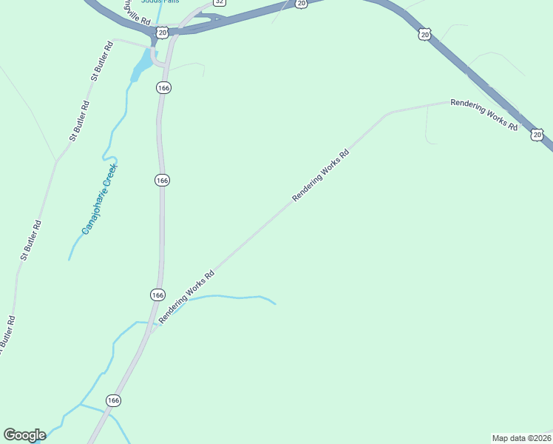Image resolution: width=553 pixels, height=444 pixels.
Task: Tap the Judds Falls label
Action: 160,1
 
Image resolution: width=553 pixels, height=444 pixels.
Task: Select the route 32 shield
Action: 219,2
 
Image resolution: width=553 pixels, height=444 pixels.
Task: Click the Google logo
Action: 24,435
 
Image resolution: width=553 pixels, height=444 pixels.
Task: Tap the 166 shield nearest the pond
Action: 163,87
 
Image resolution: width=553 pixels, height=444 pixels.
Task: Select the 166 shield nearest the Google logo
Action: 113,400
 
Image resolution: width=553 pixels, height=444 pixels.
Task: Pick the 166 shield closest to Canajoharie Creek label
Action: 163,181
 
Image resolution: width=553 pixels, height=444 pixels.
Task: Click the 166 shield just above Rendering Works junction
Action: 157,295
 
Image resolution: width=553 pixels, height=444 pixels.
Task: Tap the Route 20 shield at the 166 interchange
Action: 163,33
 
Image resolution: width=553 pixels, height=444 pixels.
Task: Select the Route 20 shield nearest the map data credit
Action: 537,135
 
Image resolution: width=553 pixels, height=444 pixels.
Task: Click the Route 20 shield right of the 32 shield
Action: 300,4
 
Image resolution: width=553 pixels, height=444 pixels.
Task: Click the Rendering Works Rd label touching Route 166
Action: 186,295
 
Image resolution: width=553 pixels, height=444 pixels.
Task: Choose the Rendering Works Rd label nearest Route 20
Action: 484,115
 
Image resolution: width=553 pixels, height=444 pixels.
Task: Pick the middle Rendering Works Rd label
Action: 320,175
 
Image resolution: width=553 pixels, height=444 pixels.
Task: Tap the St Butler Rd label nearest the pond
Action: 101,61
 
